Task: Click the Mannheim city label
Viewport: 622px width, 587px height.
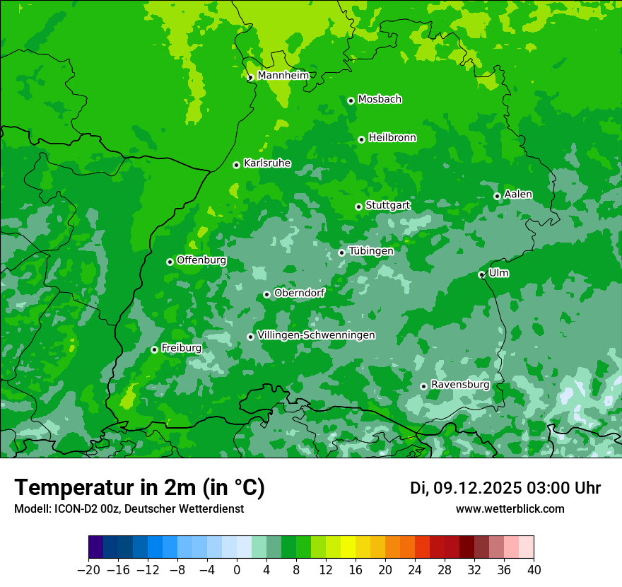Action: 283,76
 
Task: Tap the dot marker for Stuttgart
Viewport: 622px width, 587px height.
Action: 359,207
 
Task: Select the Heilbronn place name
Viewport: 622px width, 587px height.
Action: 392,138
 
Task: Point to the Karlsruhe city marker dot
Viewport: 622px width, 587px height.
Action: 237,165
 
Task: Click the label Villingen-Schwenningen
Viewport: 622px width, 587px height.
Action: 317,335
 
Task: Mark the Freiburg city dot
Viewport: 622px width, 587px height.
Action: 155,349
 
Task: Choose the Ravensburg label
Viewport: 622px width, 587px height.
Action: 460,385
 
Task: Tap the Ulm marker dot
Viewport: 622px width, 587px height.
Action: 482,274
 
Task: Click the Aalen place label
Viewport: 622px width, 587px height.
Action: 518,194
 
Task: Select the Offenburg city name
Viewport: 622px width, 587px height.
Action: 201,260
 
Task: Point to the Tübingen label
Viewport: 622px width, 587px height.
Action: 371,251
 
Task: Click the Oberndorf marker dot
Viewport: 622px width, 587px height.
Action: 266,294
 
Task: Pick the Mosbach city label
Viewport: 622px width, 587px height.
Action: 380,100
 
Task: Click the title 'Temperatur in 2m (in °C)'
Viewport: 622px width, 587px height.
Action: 140,487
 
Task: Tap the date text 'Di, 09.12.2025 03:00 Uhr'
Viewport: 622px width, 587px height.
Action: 505,488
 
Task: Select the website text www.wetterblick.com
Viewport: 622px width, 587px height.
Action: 510,508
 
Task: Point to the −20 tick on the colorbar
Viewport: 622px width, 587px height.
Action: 89,570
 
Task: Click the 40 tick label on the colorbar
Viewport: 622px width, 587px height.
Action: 534,570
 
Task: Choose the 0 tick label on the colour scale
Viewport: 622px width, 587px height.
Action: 237,570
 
